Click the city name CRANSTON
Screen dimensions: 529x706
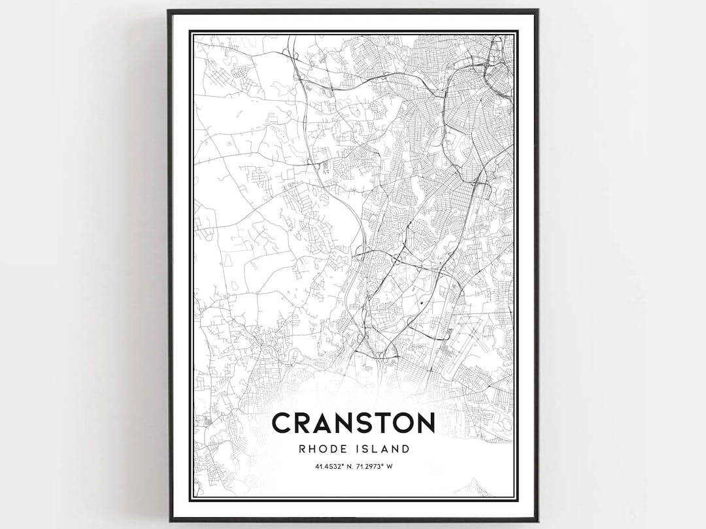(x=353, y=423)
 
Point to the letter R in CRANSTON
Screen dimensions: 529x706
(x=305, y=423)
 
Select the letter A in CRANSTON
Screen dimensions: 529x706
(x=327, y=423)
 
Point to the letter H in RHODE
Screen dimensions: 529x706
(x=312, y=449)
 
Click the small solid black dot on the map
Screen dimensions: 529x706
(x=422, y=303)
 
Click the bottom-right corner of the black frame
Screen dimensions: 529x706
(x=537, y=520)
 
